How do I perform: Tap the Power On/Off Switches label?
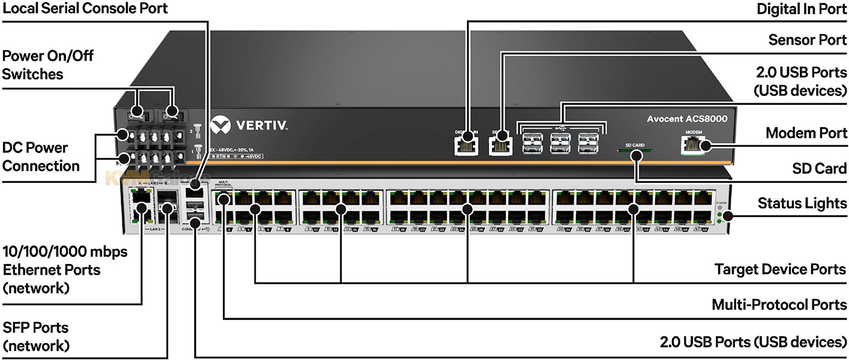click(48, 65)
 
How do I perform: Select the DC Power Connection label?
click(41, 157)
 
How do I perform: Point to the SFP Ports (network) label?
click(36, 337)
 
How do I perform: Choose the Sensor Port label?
click(808, 40)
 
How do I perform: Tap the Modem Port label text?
click(806, 133)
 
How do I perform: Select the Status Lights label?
click(802, 203)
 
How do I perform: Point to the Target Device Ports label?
click(781, 269)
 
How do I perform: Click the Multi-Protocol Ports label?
click(779, 305)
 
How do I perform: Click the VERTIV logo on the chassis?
click(249, 127)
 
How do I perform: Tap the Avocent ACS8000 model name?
click(686, 119)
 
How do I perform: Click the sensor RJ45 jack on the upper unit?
click(499, 144)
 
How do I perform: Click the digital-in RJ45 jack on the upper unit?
click(466, 144)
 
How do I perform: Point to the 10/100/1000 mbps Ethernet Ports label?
click(65, 269)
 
